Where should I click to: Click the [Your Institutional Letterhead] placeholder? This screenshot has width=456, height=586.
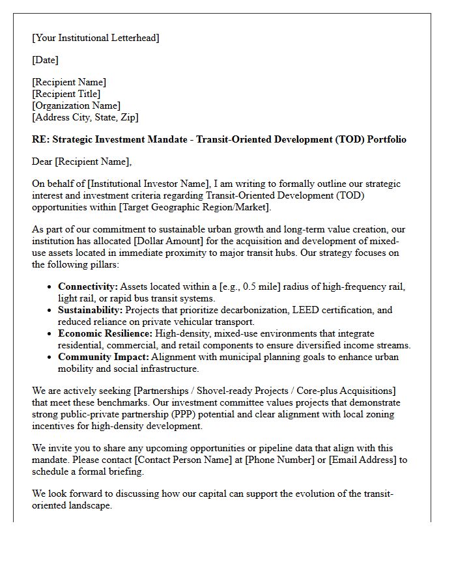tap(96, 38)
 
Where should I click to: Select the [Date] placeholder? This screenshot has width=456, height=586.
tap(45, 60)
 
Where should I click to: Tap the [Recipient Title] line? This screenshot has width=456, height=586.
tap(66, 94)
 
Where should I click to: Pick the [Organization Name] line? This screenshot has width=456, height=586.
tap(76, 105)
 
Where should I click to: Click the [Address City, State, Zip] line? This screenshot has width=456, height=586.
tap(85, 117)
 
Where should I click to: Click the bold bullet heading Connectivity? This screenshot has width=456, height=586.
tap(88, 286)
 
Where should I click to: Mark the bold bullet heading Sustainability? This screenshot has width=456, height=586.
tap(90, 310)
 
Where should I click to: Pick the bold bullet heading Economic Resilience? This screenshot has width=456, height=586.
tap(105, 333)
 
